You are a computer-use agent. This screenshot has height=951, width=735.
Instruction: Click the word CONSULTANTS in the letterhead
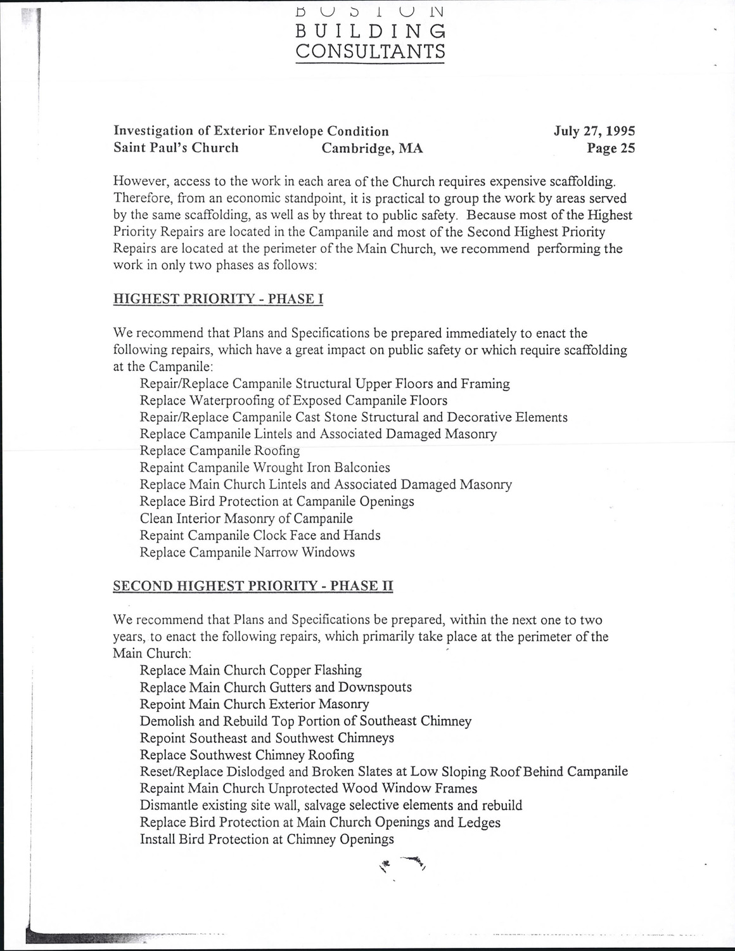coord(371,51)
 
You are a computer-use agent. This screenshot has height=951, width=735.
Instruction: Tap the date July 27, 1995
coord(594,131)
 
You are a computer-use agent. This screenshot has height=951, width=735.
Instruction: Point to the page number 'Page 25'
coord(611,148)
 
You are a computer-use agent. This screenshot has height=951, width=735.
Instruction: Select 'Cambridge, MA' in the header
coord(372,148)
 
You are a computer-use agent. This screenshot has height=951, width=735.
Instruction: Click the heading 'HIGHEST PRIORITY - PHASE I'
coord(218,299)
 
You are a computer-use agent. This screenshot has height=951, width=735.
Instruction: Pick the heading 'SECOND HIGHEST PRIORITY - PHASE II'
coord(253,586)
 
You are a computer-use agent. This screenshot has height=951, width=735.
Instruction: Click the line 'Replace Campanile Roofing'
coord(219,451)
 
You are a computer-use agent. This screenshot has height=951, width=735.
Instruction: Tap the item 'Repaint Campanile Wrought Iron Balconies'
coord(265,468)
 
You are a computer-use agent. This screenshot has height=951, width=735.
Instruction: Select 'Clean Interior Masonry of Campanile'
coord(246,519)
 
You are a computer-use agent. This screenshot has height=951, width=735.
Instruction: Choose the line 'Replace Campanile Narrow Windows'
coord(247,552)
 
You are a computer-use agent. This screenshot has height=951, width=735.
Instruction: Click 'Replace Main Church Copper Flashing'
coord(250,670)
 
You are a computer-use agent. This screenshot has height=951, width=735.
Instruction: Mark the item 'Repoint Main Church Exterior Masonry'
coord(254,704)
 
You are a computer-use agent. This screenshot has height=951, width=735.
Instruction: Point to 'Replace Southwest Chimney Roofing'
coord(246,755)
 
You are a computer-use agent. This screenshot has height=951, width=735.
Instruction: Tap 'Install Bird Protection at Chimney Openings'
coord(267,839)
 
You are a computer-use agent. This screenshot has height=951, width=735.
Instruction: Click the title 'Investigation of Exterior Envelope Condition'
coord(251,131)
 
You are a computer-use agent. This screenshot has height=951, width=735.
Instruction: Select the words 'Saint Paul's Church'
coord(176,148)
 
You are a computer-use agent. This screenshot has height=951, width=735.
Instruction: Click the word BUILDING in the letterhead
coord(371,31)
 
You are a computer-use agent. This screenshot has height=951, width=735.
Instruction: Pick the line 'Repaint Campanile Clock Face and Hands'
coord(260,535)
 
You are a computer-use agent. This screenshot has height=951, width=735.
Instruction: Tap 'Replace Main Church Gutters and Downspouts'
coord(276,687)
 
